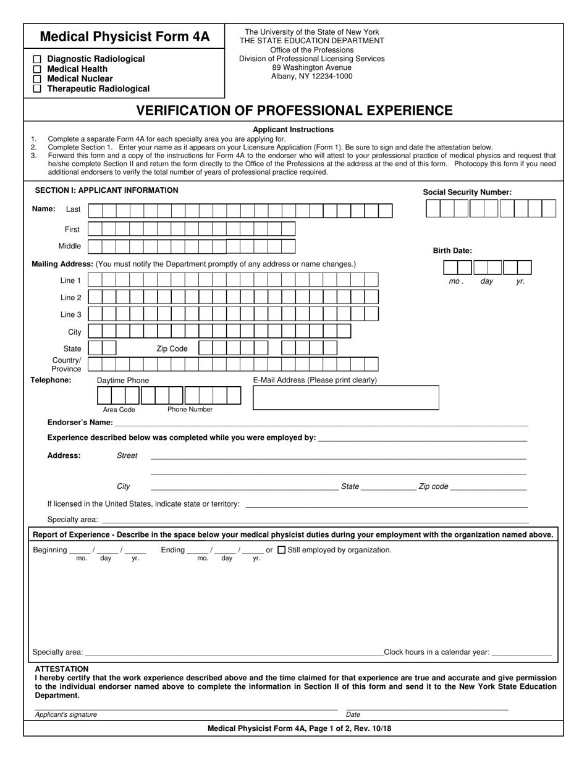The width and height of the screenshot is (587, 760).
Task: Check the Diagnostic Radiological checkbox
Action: [37, 59]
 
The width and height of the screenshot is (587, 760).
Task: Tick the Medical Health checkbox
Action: [37, 69]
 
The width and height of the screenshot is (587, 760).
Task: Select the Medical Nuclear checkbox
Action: [37, 79]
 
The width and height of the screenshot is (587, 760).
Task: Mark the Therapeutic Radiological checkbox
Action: [37, 89]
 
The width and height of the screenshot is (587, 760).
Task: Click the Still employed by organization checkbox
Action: [282, 550]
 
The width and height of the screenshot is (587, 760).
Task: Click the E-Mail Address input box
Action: [346, 398]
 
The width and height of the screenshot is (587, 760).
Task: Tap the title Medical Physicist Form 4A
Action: [125, 36]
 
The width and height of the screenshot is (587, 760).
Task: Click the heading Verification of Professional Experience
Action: [294, 111]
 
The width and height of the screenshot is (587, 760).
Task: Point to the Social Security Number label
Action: [467, 192]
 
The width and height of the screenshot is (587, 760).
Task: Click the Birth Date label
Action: [452, 251]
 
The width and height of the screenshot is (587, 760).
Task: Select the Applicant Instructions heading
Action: [293, 130]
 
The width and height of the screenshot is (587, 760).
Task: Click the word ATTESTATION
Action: [62, 669]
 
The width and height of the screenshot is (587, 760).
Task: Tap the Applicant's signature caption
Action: [66, 714]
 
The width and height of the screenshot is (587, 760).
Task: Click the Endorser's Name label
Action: [80, 423]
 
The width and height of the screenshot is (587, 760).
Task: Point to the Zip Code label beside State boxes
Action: [172, 348]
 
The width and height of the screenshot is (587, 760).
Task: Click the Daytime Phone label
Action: [123, 381]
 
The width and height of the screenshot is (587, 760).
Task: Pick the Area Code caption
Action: [119, 410]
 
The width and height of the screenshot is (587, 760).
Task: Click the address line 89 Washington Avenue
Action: [311, 67]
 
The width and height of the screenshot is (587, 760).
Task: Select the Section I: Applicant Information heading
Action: [106, 190]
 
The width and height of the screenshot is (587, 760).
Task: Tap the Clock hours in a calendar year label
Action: [437, 652]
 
